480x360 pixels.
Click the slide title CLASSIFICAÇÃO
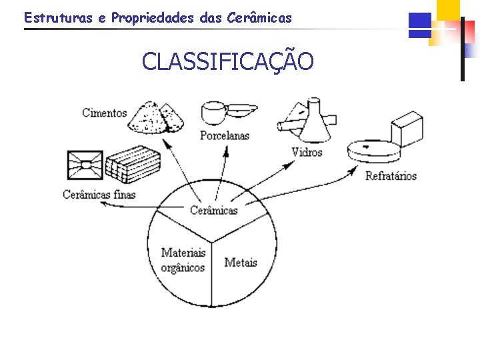coord(227,62)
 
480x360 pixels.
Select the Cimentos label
coord(104,113)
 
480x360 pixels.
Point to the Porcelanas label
coord(225,135)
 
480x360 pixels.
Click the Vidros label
coord(307,152)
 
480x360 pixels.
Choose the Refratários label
coord(391,176)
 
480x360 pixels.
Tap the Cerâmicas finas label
coord(99,195)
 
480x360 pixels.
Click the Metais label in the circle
coord(241,262)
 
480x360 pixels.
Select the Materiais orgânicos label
coord(183,261)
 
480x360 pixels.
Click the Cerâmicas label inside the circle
coord(213,210)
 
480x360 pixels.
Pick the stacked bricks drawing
coord(133,163)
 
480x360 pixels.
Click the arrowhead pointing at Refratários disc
coord(353,172)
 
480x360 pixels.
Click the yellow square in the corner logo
coord(448,9)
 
